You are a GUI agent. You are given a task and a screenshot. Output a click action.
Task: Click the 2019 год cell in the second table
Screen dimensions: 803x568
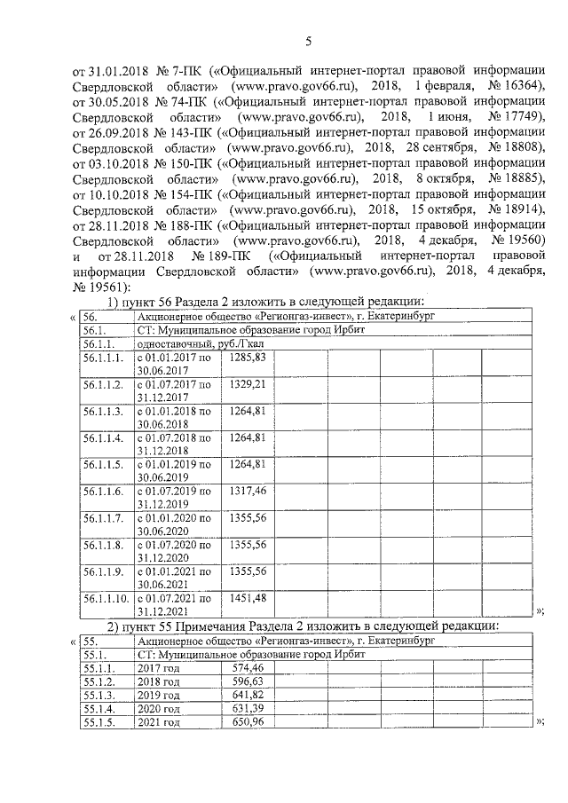[159, 695]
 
